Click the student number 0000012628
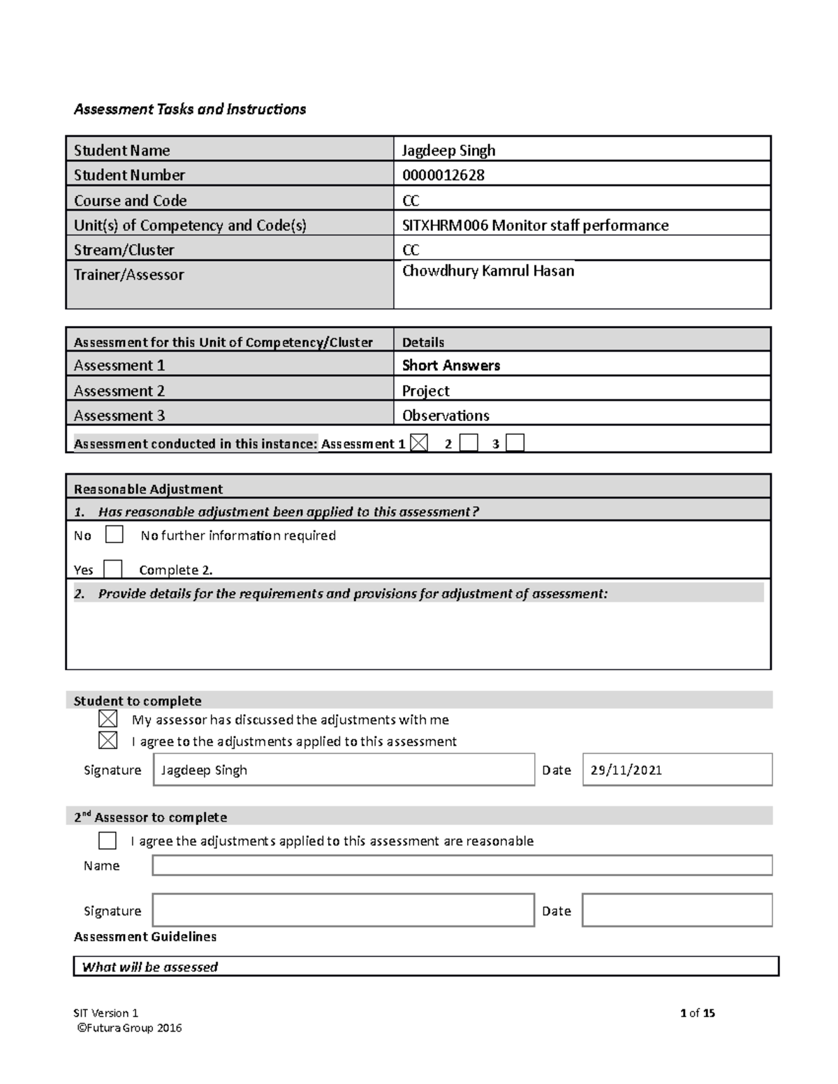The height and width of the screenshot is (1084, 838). pyautogui.click(x=443, y=175)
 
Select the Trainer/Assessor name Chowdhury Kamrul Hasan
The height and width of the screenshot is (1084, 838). pyautogui.click(x=488, y=271)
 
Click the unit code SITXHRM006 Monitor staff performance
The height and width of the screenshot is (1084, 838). pyautogui.click(x=535, y=225)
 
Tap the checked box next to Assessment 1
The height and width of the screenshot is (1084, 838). pyautogui.click(x=419, y=443)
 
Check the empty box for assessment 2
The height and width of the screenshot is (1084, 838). pyautogui.click(x=469, y=443)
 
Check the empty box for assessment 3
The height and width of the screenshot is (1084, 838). pyautogui.click(x=515, y=443)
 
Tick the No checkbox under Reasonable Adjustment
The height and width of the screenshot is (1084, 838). pyautogui.click(x=114, y=535)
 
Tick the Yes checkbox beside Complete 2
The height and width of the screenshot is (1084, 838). pyautogui.click(x=112, y=569)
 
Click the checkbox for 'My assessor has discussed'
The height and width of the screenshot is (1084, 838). pyautogui.click(x=108, y=719)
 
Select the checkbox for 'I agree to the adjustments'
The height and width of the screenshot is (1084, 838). pyautogui.click(x=108, y=741)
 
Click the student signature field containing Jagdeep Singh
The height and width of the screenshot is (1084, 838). pyautogui.click(x=344, y=770)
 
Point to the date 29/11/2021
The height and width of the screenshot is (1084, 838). pyautogui.click(x=626, y=771)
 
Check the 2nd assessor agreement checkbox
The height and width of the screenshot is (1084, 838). pyautogui.click(x=108, y=840)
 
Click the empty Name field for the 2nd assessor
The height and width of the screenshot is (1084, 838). pyautogui.click(x=462, y=866)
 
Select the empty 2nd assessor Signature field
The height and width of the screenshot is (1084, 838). pyautogui.click(x=344, y=910)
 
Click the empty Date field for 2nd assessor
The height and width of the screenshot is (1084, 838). pyautogui.click(x=677, y=910)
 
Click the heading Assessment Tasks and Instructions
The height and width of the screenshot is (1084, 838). pyautogui.click(x=190, y=109)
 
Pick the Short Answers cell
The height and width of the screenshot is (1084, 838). pyautogui.click(x=451, y=365)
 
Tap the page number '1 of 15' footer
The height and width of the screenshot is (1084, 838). pyautogui.click(x=697, y=1013)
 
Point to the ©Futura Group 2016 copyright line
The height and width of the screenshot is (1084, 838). pyautogui.click(x=129, y=1027)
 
